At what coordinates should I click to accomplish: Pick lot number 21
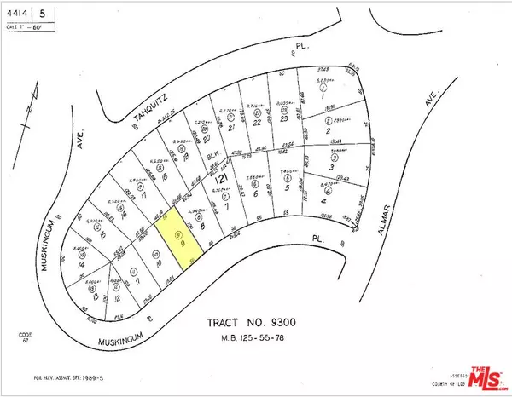point(232,128)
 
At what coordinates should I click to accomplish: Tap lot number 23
point(283,118)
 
